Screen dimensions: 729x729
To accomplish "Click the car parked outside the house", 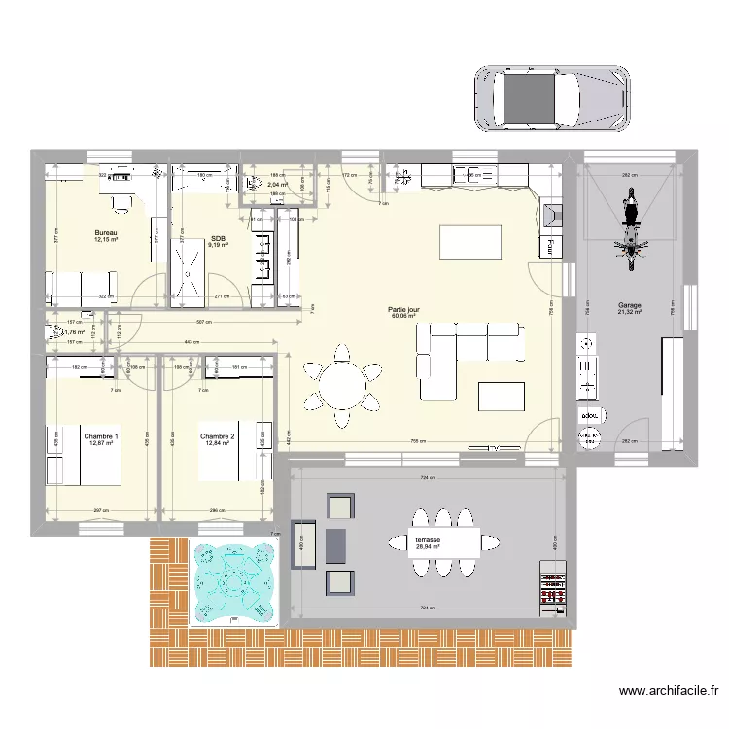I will pos(550,98).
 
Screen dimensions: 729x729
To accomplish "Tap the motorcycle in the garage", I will pos(628,230).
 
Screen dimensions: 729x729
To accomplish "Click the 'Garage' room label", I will pos(629,306).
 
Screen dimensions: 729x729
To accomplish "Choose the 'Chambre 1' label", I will pos(101,437).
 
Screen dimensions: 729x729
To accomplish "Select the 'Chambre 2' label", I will pos(217,437).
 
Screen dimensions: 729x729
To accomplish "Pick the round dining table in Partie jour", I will pos(342,385).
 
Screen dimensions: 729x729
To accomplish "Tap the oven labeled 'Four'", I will pos(551,246).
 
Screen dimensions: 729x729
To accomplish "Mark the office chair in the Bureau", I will pos(121,203).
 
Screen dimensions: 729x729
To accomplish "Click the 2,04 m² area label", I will pos(277,185).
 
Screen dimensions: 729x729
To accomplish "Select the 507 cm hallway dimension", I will pos(204,323).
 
